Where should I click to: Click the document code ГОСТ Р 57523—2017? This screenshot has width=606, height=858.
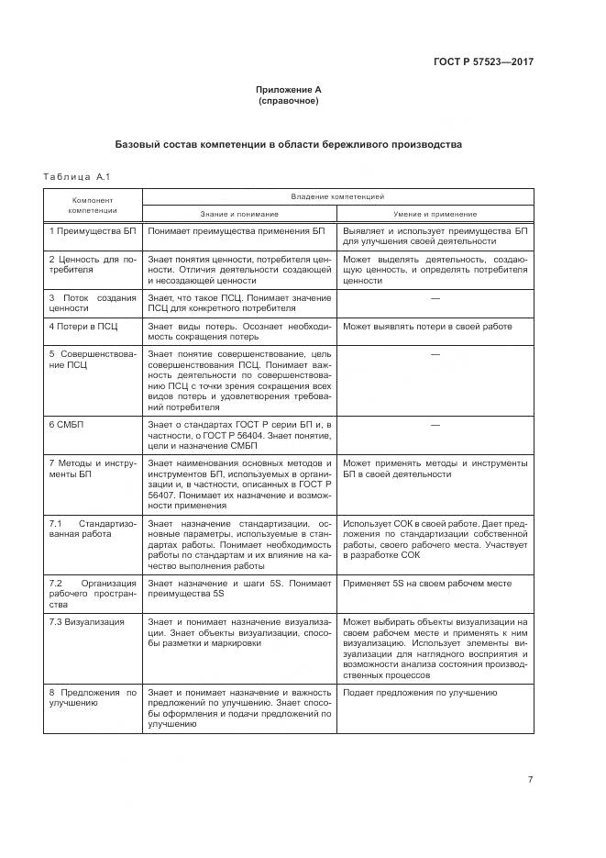click(x=482, y=62)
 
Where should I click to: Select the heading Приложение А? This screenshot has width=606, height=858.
click(x=289, y=90)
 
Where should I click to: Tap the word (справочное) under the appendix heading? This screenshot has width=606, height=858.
click(x=289, y=101)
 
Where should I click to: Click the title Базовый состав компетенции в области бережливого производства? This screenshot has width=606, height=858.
click(x=289, y=144)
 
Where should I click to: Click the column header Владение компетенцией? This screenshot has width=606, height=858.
click(x=337, y=196)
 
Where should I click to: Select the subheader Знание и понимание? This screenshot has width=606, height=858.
click(x=239, y=213)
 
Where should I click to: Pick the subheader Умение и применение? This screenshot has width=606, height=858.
click(x=435, y=213)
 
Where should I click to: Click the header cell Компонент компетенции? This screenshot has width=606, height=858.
click(x=93, y=205)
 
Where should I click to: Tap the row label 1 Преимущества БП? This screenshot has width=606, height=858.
click(x=92, y=231)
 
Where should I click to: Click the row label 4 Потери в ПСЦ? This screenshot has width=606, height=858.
click(x=83, y=327)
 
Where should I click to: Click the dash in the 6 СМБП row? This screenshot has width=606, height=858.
click(x=435, y=425)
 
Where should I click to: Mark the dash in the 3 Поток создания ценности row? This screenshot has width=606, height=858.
click(x=435, y=298)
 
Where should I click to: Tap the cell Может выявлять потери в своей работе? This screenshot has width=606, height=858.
click(x=427, y=327)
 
